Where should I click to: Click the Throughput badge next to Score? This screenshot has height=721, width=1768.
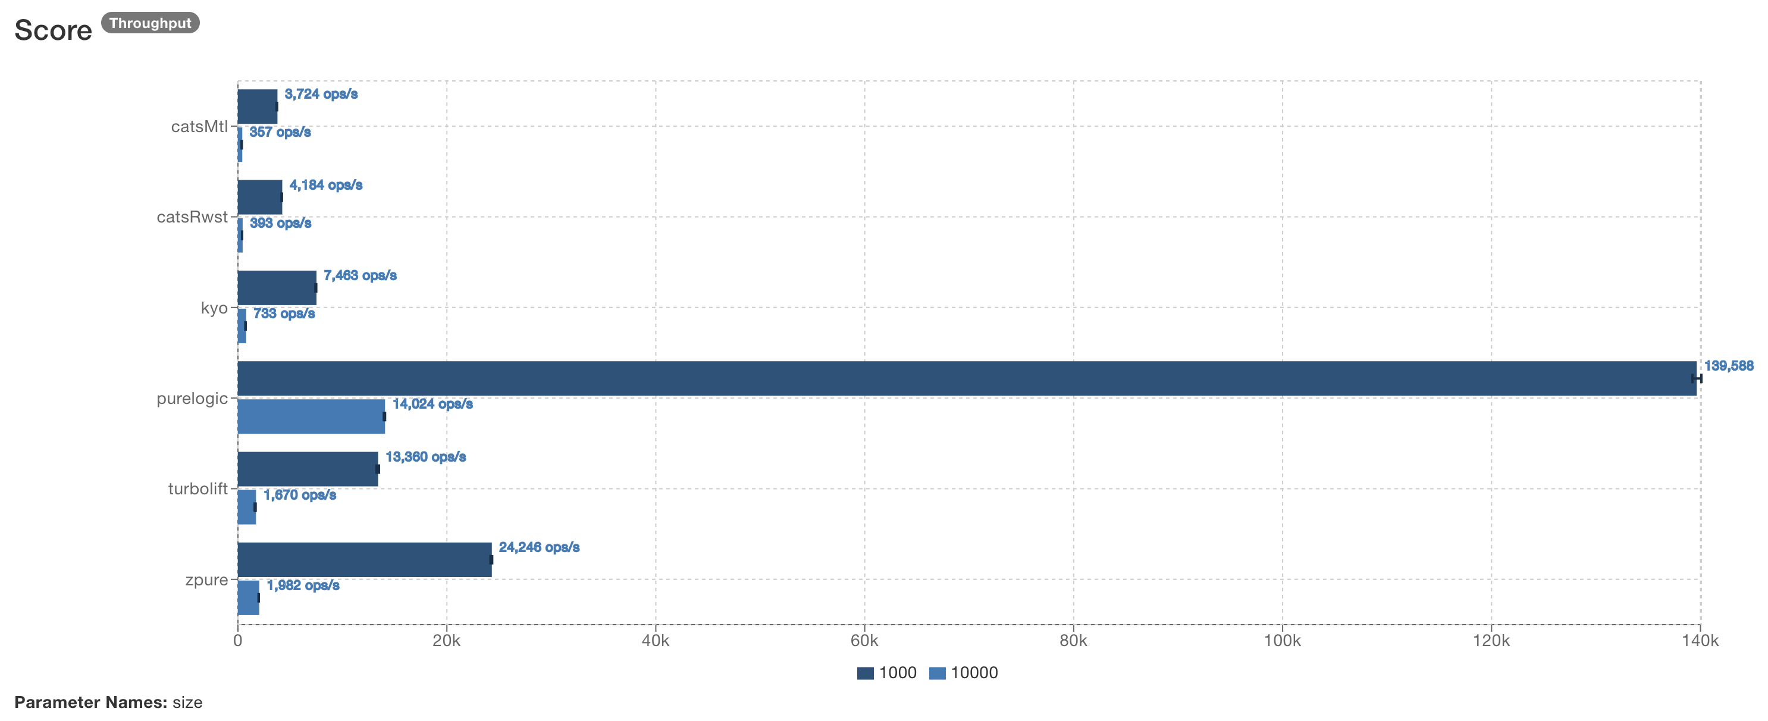150,23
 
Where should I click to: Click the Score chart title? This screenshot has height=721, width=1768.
53,30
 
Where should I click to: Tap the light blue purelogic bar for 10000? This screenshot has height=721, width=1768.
311,416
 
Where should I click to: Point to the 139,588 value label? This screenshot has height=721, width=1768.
1728,366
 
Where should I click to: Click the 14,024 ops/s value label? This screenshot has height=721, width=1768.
432,404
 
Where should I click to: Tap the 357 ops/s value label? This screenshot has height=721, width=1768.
280,131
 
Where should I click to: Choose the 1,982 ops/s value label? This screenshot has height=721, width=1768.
303,585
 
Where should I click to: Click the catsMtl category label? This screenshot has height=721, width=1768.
199,126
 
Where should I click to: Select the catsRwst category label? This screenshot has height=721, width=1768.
192,217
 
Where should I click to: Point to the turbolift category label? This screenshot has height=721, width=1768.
198,488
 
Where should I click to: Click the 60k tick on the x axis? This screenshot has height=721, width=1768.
864,641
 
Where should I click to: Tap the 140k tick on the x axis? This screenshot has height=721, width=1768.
1700,641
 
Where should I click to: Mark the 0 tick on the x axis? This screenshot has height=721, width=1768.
237,641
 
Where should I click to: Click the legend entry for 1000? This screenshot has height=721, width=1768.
887,672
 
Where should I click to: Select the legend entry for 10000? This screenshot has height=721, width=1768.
964,672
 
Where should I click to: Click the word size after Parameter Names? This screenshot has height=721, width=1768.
187,702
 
